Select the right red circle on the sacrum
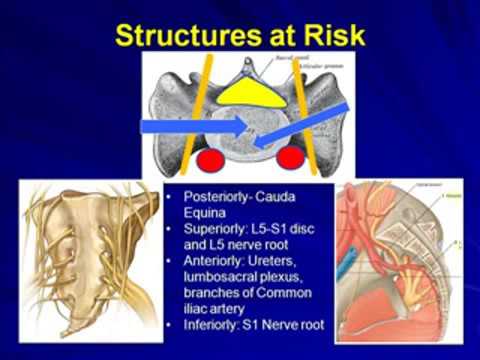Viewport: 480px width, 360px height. click(290, 157)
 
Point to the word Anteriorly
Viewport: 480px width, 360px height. click(219, 265)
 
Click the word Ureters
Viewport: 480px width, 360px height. click(285, 265)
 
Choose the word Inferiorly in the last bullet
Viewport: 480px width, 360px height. click(217, 333)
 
